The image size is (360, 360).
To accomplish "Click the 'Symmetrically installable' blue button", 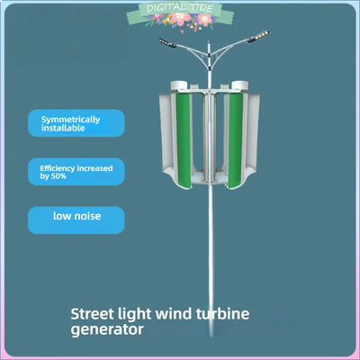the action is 76,123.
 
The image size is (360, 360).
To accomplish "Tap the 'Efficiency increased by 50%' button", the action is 76,172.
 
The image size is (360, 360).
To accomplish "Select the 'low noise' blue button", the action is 76,220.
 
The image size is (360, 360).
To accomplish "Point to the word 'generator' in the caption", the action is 107,329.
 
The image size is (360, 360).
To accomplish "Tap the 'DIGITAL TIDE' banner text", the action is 179,8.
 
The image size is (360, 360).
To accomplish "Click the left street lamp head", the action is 167,43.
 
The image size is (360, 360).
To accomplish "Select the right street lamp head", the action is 258,37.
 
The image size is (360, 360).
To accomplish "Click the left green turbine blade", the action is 184,140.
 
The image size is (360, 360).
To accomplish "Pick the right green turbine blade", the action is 236,140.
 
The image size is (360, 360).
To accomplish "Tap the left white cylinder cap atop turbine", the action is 179,85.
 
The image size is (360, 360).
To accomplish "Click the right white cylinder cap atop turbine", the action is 240,85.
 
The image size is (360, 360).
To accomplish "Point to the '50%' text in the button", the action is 58,176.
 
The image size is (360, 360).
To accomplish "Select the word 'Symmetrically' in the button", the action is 70,120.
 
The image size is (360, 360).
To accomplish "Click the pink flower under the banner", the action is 180,19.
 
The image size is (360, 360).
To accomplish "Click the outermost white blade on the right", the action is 255,135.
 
